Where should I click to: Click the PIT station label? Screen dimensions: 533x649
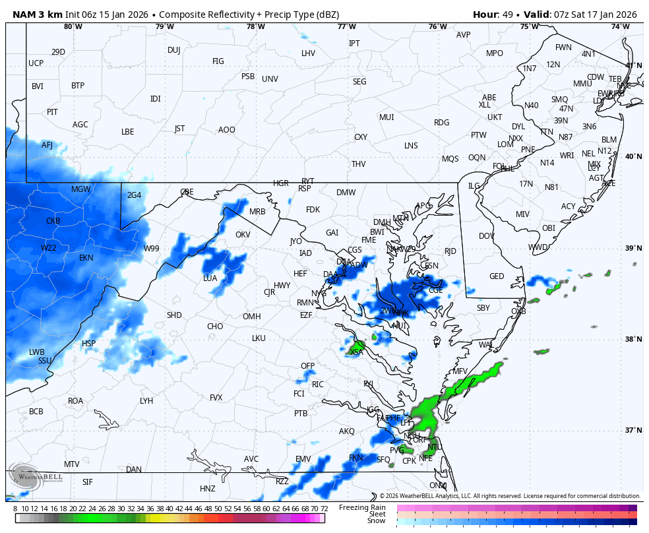(52, 112)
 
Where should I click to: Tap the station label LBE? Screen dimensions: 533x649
(127, 132)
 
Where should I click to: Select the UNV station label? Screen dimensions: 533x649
(270, 79)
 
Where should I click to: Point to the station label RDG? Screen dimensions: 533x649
(441, 123)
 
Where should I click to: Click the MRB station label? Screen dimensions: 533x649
(257, 212)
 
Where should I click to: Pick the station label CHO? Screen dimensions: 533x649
(215, 327)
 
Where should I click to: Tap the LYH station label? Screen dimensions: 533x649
(146, 401)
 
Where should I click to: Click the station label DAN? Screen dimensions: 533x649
(134, 470)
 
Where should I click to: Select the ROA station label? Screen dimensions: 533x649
(76, 401)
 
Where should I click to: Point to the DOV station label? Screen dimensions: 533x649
(487, 236)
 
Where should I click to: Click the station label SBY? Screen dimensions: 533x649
(483, 308)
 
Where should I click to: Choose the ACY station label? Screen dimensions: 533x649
(568, 206)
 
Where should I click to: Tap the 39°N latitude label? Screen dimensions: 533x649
(633, 248)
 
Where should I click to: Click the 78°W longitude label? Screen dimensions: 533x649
(255, 26)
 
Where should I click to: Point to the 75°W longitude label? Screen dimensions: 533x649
(528, 26)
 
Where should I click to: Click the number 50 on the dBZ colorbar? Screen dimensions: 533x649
(218, 509)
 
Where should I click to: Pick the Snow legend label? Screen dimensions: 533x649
(376, 521)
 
